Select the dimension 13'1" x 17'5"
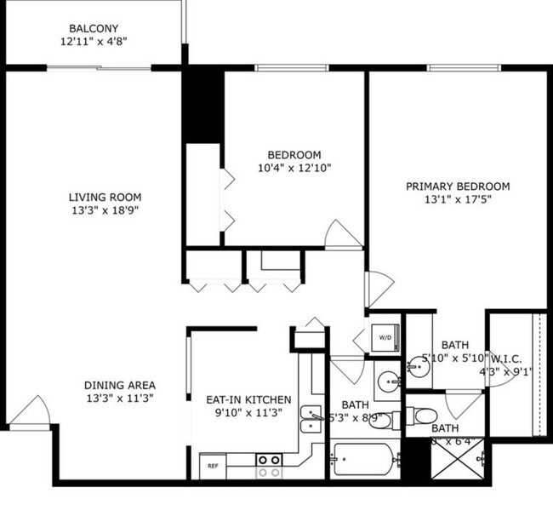457,201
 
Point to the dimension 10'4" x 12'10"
294,169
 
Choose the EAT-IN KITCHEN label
248,399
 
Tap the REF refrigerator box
212,466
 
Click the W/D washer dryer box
385,338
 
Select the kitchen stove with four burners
270,465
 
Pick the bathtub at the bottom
364,461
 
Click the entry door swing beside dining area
32,410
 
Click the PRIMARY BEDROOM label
457,186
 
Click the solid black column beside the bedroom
203,105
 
